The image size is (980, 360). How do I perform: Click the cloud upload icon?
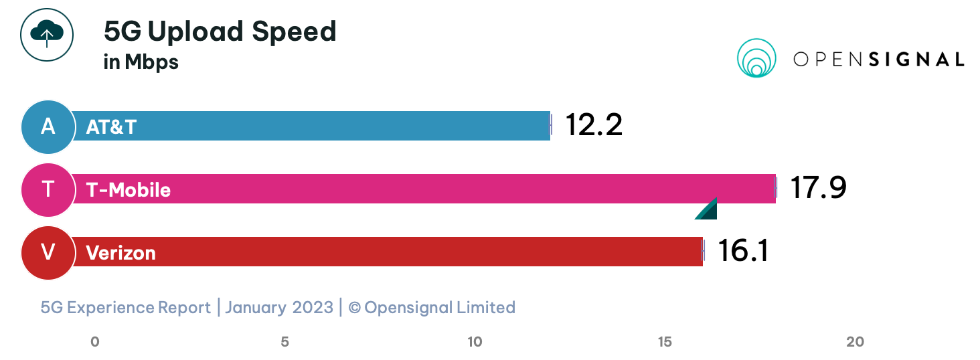click(46, 34)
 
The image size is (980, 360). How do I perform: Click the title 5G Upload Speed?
click(220, 31)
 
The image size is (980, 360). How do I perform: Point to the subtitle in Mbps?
click(141, 62)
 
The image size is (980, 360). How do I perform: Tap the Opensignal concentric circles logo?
click(756, 58)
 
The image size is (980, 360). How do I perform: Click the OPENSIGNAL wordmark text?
click(878, 60)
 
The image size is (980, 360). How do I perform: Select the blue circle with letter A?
click(48, 126)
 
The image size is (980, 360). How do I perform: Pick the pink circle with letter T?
click(48, 189)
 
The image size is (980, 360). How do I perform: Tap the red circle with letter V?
click(48, 252)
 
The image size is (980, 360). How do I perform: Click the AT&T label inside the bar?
click(111, 127)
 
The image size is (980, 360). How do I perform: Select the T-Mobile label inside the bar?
click(129, 190)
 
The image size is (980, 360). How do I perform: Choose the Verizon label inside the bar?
click(120, 253)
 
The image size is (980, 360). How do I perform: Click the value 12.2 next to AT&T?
click(594, 125)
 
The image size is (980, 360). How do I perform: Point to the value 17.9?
click(818, 188)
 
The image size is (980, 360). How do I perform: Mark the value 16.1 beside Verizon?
click(743, 251)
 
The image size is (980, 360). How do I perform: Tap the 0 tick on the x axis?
click(95, 342)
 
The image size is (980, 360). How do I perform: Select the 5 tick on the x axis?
click(284, 342)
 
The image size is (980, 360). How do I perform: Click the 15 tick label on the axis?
click(665, 342)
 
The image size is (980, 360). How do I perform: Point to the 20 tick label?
click(855, 342)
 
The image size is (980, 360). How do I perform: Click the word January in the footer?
click(255, 307)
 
